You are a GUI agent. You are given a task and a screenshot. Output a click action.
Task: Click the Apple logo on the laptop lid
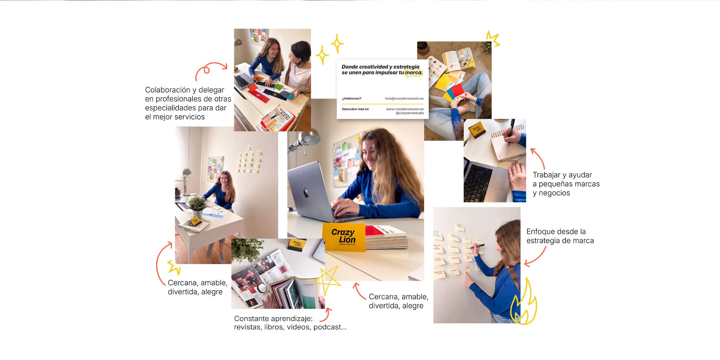click(x=306, y=193)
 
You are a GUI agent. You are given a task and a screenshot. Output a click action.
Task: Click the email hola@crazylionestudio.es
click(x=404, y=99)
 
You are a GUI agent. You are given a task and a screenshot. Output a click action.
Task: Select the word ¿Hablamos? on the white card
click(x=352, y=99)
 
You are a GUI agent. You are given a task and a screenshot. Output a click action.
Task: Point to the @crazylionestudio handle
click(x=410, y=113)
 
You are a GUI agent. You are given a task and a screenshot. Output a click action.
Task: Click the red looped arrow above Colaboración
click(x=211, y=70)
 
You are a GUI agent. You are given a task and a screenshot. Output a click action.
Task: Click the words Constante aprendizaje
click(x=273, y=319)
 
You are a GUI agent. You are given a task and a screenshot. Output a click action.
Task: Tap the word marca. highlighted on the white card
click(x=414, y=73)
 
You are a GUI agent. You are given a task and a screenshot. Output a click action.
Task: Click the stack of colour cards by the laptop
click(x=387, y=238)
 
